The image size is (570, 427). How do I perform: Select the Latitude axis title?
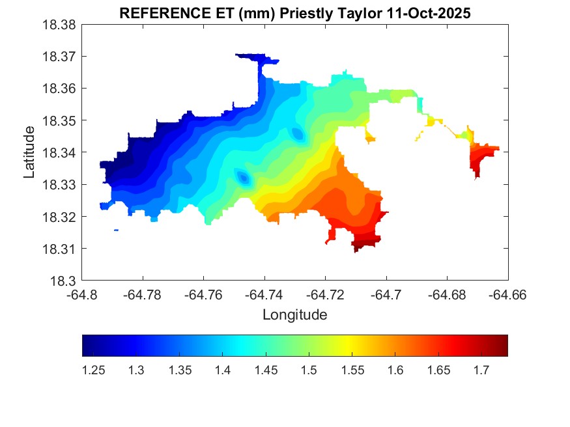pyautogui.click(x=29, y=152)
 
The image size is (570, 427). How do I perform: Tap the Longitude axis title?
pyautogui.click(x=294, y=315)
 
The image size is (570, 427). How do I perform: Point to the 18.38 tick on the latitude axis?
pyautogui.click(x=61, y=25)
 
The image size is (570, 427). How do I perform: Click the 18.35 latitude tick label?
pyautogui.click(x=61, y=121)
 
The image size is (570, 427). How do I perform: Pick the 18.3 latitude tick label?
pyautogui.click(x=64, y=281)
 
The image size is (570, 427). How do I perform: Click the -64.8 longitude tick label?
pyautogui.click(x=83, y=294)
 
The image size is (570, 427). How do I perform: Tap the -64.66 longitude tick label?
pyautogui.click(x=508, y=294)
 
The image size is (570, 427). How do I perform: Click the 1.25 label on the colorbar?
pyautogui.click(x=94, y=370)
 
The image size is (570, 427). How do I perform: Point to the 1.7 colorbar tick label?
pyautogui.click(x=481, y=370)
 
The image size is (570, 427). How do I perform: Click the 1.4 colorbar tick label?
pyautogui.click(x=223, y=370)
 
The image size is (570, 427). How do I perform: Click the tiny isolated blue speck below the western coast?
pyautogui.click(x=116, y=230)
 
